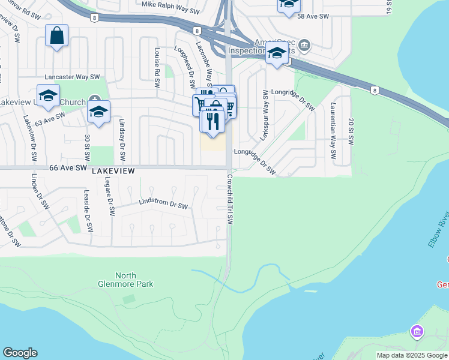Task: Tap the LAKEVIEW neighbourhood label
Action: pyautogui.click(x=113, y=171)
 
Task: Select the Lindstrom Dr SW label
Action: pyautogui.click(x=163, y=205)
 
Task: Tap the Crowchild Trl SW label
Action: pyautogui.click(x=230, y=200)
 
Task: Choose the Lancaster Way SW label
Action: pyautogui.click(x=72, y=77)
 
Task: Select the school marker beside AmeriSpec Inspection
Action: pyautogui.click(x=277, y=53)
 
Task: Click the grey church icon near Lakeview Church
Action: pyautogui.click(x=94, y=99)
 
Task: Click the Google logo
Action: pyautogui.click(x=20, y=353)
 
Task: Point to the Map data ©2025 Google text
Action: pyautogui.click(x=412, y=355)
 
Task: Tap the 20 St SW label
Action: pyautogui.click(x=351, y=131)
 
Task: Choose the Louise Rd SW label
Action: pyautogui.click(x=157, y=62)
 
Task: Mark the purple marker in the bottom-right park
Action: pyautogui.click(x=417, y=331)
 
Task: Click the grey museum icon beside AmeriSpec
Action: pyautogui.click(x=304, y=44)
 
